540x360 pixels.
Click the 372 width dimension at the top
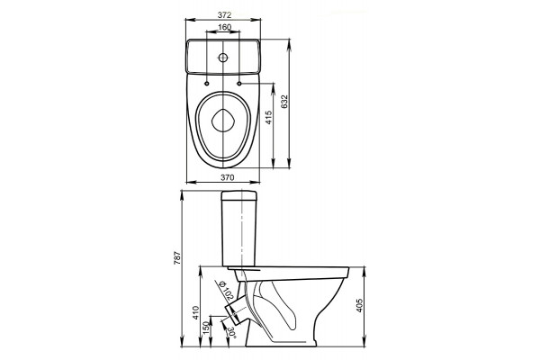224,14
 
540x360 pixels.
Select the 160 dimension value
224,27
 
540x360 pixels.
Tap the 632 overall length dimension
284,102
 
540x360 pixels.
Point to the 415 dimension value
268,118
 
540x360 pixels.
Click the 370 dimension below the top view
228,177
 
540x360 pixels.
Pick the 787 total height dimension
176,257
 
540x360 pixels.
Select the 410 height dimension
195,313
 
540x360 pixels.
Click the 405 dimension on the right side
359,305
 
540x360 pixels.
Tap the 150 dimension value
205,328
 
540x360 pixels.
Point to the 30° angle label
231,332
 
